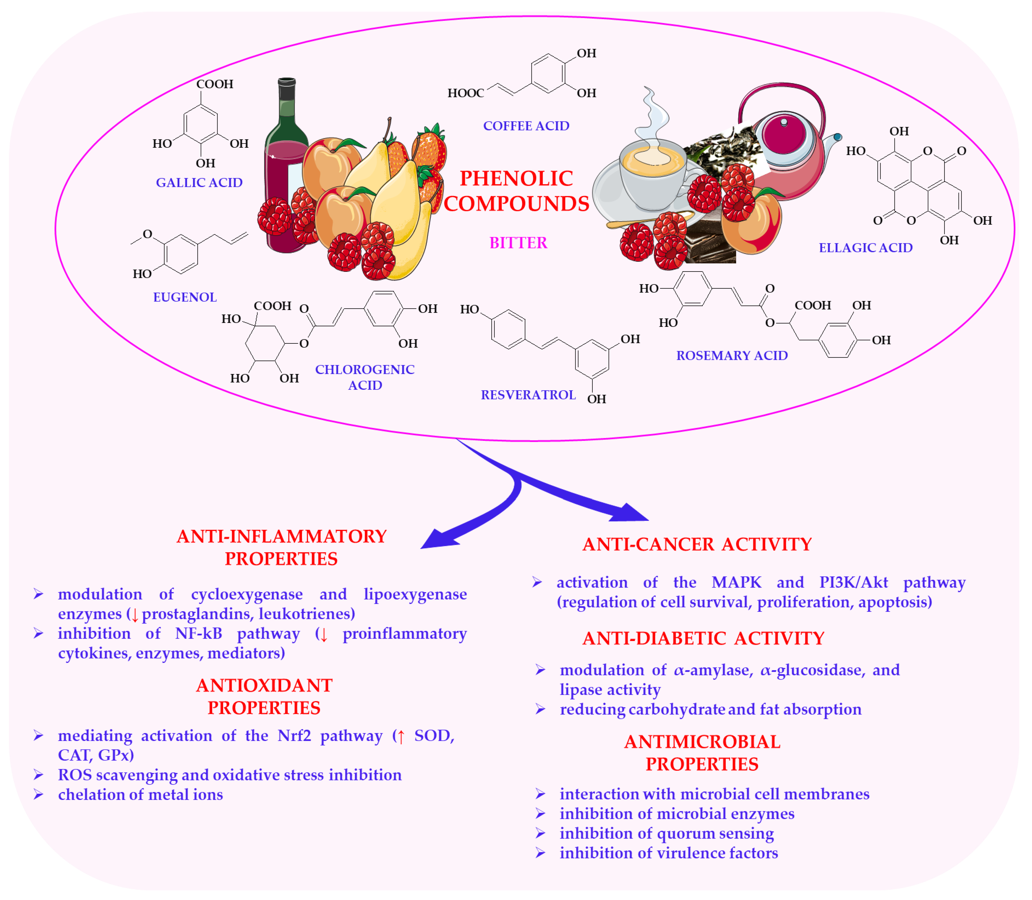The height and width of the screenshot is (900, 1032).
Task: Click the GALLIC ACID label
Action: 199,183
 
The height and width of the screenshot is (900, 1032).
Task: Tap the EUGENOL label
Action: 185,297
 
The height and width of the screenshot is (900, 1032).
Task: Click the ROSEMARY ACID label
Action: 732,356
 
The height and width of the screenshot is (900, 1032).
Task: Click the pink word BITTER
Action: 518,243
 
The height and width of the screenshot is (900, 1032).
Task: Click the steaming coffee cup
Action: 653,176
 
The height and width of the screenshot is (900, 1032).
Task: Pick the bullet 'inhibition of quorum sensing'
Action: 667,834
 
